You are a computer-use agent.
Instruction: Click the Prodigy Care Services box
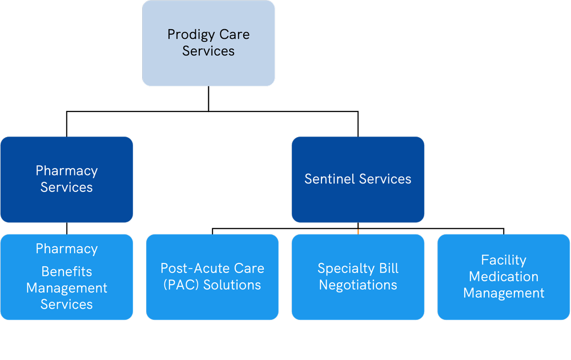pos(208,43)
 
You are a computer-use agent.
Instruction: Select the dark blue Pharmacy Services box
pos(67,179)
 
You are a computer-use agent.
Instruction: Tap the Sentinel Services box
pos(358,179)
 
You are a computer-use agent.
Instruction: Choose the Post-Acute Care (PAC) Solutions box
pos(212,277)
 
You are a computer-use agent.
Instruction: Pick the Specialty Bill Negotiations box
pos(358,277)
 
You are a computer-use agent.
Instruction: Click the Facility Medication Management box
pos(504,277)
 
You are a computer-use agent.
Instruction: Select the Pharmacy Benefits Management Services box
pos(67,277)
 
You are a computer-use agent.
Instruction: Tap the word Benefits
pos(67,271)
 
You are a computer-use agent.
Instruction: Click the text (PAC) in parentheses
pos(182,285)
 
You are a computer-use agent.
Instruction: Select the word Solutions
pos(232,285)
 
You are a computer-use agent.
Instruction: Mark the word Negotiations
pos(358,285)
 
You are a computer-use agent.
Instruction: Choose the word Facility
pos(504,260)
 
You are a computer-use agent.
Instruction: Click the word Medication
pos(504,277)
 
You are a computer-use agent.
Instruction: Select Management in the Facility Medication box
pos(504,293)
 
